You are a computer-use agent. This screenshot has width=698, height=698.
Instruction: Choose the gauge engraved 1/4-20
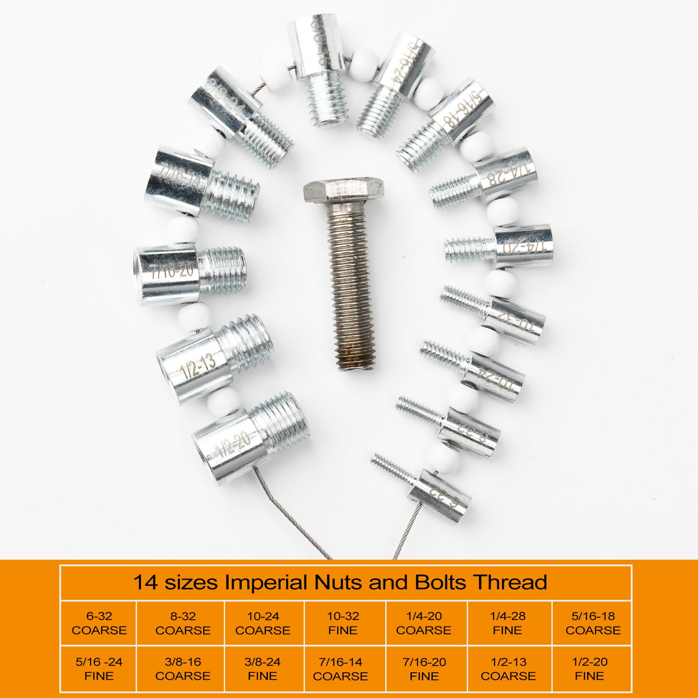point(523,247)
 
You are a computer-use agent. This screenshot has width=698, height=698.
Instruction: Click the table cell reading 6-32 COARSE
point(99,623)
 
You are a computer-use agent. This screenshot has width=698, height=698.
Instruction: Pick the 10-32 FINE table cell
point(343,623)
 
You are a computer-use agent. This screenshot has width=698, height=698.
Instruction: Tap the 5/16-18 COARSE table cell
point(593,623)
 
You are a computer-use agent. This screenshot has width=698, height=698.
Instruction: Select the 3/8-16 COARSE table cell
point(183,669)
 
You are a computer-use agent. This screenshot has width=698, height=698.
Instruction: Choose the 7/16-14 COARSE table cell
point(341,669)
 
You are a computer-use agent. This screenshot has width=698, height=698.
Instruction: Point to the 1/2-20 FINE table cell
point(589,669)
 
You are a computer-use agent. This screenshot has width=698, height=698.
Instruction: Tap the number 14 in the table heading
point(145,582)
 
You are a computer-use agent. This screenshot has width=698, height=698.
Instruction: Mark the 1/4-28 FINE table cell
point(508,623)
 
